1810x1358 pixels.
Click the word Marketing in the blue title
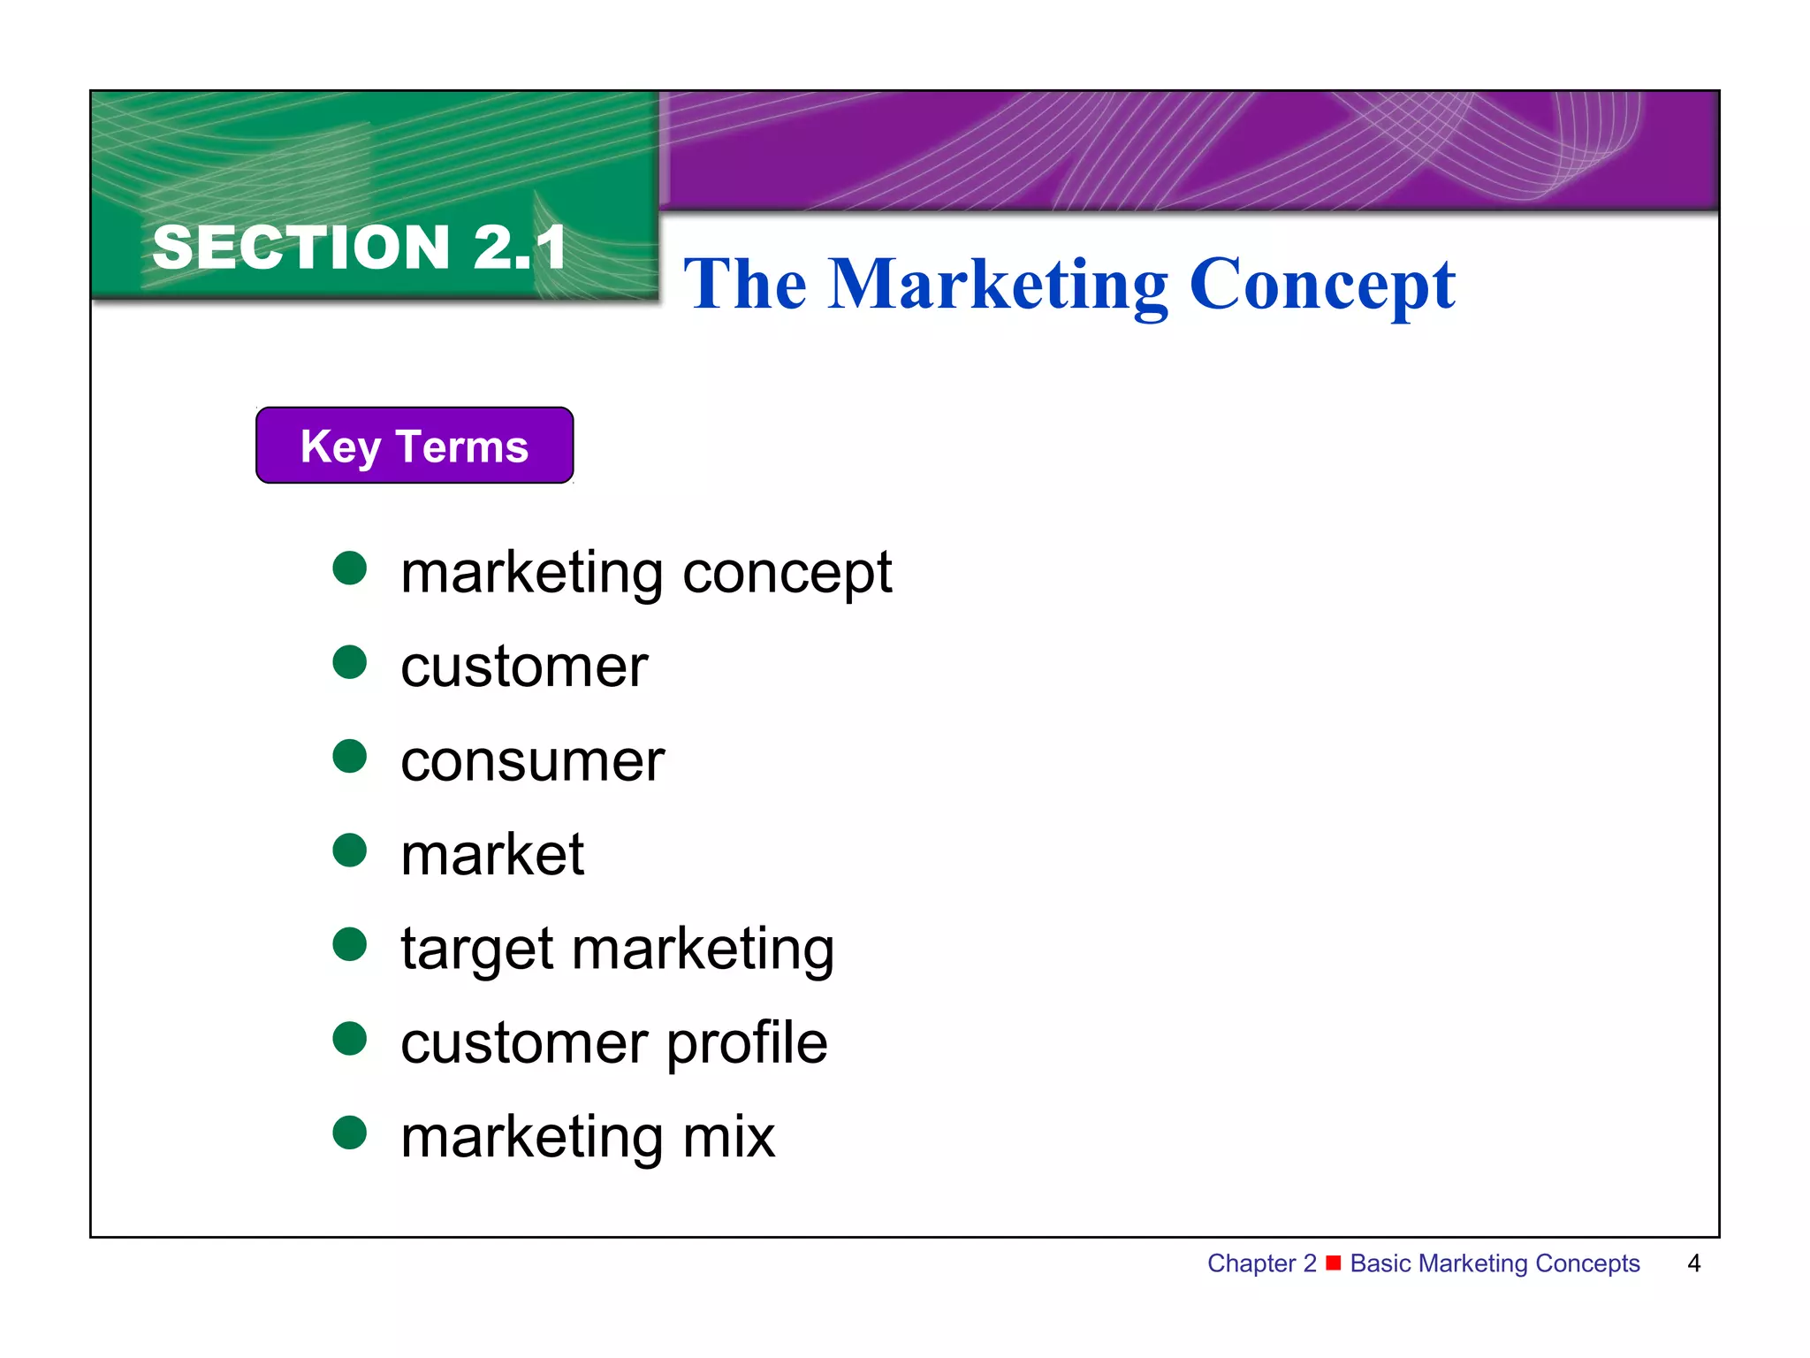pyautogui.click(x=998, y=285)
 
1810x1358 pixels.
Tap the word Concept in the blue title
pyautogui.click(x=1322, y=285)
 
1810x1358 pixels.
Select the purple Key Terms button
pyautogui.click(x=414, y=446)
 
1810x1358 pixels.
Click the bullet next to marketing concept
pyautogui.click(x=350, y=568)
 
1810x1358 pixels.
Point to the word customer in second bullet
pyautogui.click(x=524, y=667)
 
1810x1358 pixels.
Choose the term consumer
pyautogui.click(x=532, y=761)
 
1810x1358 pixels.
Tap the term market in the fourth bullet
pyautogui.click(x=492, y=855)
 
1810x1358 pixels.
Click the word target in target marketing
pyautogui.click(x=478, y=950)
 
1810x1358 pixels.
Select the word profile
pyautogui.click(x=747, y=1043)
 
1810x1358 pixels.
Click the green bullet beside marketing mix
pyautogui.click(x=350, y=1133)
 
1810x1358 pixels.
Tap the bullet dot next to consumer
pyautogui.click(x=350, y=756)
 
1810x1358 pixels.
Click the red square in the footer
pyautogui.click(x=1334, y=1262)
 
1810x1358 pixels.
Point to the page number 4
pyautogui.click(x=1693, y=1263)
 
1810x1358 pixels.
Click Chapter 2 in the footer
pyautogui.click(x=1261, y=1263)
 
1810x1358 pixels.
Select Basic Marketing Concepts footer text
pyautogui.click(x=1494, y=1263)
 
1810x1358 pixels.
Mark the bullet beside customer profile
pyautogui.click(x=350, y=1038)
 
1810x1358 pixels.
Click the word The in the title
pyautogui.click(x=745, y=285)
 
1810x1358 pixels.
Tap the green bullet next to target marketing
pyautogui.click(x=350, y=944)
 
